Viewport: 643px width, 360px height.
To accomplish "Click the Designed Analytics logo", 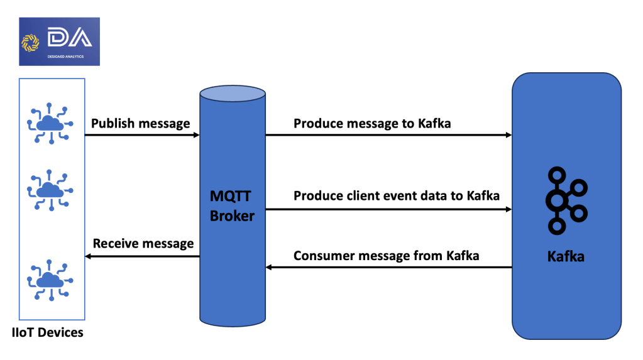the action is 60,41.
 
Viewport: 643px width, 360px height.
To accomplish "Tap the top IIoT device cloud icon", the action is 50,123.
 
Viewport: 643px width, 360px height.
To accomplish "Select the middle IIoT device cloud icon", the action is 50,190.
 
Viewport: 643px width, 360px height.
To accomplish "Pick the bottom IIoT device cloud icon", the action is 50,280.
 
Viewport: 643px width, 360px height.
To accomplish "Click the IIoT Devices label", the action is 48,332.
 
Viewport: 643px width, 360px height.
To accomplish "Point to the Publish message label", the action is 141,123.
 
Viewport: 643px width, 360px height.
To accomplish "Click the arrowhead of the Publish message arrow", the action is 197,135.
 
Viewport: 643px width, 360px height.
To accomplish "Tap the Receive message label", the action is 143,244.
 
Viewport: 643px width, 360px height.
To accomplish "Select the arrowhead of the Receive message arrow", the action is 88,257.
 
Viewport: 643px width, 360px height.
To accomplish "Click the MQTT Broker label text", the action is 232,206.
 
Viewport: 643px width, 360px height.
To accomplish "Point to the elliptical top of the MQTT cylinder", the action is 233,94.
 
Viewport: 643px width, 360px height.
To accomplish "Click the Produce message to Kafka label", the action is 372,123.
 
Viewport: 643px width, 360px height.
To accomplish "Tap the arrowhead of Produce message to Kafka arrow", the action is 509,135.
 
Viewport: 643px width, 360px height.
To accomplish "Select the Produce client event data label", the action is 397,195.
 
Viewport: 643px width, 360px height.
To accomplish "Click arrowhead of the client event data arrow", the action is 509,209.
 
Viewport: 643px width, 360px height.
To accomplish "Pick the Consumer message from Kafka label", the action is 387,256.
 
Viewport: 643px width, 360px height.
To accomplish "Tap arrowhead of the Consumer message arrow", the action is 268,268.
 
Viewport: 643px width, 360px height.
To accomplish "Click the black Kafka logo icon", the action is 566,200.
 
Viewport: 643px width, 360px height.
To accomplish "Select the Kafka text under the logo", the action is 566,257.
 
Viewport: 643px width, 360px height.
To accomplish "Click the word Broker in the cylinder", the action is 232,215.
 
